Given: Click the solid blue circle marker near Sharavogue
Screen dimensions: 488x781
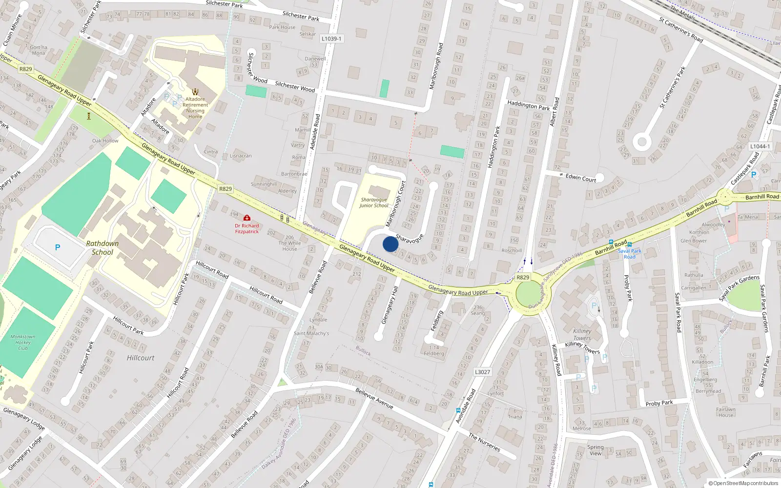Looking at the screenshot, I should (390, 244).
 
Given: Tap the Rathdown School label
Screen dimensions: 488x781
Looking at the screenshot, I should (103, 248).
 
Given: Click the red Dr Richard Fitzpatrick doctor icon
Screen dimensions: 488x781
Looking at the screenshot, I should (247, 218).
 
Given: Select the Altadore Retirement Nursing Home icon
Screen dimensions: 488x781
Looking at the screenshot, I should (195, 91).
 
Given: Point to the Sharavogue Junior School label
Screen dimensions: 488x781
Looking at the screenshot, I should (374, 203).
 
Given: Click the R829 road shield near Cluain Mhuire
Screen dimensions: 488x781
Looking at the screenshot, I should (25, 69).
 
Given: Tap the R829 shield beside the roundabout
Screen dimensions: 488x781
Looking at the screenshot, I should (523, 277).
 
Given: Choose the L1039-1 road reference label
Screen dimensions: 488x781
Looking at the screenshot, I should (332, 39).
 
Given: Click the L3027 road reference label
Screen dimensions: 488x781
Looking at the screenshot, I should (482, 372).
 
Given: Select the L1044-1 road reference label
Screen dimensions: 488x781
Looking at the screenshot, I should (760, 146).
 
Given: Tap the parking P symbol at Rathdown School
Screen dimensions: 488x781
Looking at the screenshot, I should (58, 247).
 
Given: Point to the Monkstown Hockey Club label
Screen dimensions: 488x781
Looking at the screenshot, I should (23, 342).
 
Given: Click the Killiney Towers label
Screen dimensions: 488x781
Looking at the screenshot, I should (582, 334).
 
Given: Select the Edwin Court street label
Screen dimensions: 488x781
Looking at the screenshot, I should (581, 178).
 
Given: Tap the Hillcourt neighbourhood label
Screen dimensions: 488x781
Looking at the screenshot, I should (141, 358).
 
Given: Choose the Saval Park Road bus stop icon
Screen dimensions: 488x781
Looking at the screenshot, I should (630, 244).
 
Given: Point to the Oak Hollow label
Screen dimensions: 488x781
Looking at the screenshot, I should (105, 141).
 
